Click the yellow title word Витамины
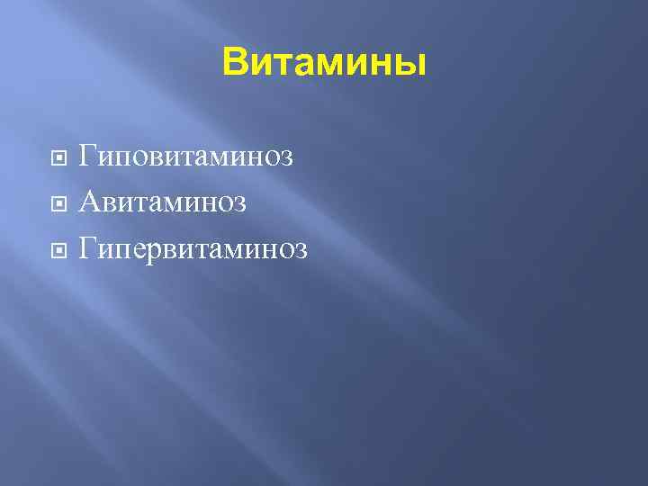324,63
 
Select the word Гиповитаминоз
186,157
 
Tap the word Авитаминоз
162,201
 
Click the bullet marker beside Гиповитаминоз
58,158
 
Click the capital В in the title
234,63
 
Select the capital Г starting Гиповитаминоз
87,157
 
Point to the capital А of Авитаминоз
89,201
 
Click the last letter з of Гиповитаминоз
286,158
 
